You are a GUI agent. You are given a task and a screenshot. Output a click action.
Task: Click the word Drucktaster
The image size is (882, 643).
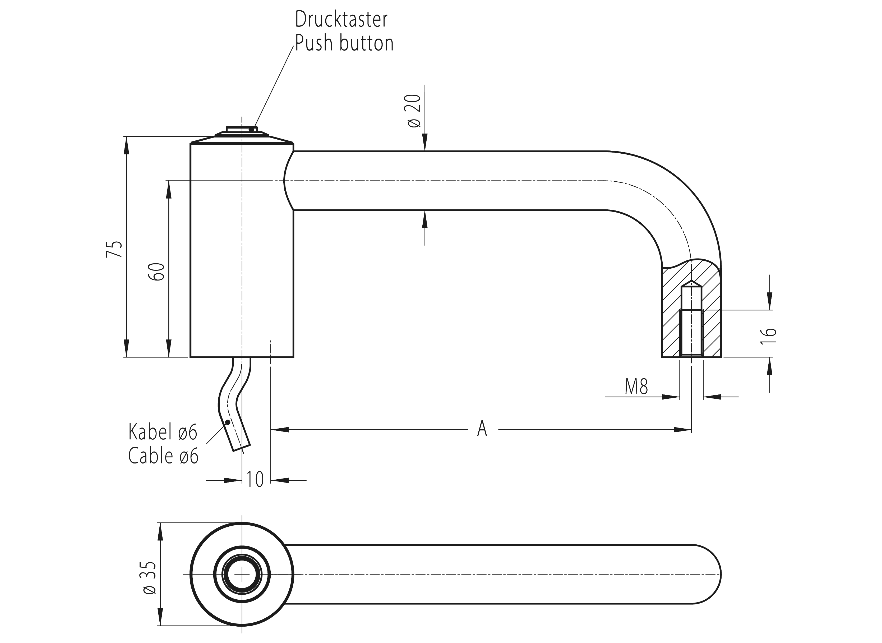(341, 20)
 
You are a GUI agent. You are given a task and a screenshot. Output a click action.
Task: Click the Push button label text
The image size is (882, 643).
(344, 43)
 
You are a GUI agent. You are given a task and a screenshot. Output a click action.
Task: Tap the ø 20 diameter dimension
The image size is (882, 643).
(415, 111)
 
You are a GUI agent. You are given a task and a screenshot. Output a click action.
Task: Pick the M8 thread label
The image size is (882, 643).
(636, 387)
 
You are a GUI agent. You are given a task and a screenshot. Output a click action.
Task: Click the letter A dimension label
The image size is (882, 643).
(482, 429)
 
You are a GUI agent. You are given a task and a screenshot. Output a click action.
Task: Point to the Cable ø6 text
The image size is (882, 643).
(163, 456)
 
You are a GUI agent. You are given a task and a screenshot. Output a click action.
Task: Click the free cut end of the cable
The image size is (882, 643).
(241, 448)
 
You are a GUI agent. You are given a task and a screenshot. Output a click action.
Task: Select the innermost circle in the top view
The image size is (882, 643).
(242, 574)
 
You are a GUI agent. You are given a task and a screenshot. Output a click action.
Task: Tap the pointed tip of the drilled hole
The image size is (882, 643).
(691, 281)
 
